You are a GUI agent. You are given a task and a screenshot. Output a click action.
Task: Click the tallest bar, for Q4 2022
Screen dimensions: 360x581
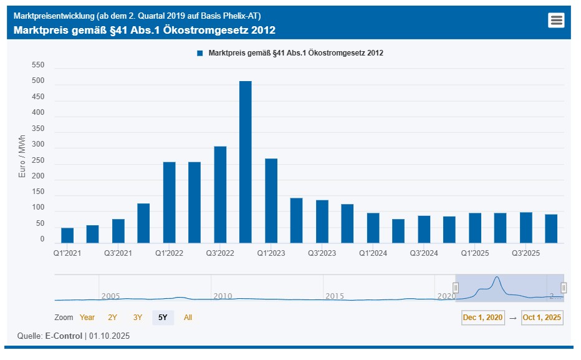(x=246, y=162)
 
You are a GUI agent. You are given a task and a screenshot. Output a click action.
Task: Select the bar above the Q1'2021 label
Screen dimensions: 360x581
(x=67, y=235)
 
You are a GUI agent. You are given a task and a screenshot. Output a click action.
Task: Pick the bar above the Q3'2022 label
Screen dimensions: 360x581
(x=220, y=194)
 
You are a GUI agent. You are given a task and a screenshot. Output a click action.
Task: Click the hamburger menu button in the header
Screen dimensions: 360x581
(x=556, y=20)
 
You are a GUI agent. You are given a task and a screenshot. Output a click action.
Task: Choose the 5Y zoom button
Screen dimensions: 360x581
(x=163, y=318)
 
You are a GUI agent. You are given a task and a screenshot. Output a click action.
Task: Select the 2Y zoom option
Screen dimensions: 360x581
(x=113, y=318)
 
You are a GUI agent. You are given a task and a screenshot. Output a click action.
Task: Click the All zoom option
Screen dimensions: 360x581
(x=188, y=318)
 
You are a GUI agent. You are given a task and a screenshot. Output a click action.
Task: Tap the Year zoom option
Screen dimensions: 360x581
(x=87, y=318)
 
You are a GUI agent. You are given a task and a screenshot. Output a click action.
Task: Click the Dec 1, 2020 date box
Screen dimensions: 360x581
(x=483, y=318)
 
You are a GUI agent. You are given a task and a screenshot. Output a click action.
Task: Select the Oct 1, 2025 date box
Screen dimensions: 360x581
(x=542, y=318)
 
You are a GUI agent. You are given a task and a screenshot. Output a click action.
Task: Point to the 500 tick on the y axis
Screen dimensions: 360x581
(x=38, y=81)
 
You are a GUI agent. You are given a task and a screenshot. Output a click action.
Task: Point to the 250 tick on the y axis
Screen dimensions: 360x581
(x=38, y=160)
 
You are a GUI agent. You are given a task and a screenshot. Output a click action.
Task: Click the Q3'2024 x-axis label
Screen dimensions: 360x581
(x=424, y=253)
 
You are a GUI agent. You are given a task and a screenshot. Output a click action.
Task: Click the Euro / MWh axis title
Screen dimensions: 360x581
(x=22, y=157)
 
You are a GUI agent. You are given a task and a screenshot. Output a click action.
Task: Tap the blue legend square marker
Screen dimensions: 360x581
(x=200, y=54)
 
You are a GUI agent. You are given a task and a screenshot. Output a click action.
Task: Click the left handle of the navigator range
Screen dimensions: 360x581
(x=456, y=288)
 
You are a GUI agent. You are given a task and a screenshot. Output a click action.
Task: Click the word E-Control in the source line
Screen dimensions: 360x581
(x=64, y=336)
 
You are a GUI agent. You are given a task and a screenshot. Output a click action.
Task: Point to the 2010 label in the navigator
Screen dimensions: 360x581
(x=223, y=296)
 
